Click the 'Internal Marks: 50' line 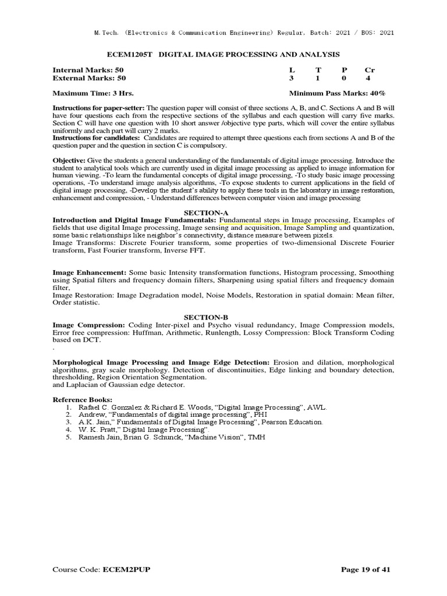point(88,69)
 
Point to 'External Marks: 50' point(89,77)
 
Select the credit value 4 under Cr point(368,77)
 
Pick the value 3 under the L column point(292,77)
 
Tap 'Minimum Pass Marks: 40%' point(337,93)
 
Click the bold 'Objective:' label point(69,160)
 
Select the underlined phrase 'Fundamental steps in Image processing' point(284,220)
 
